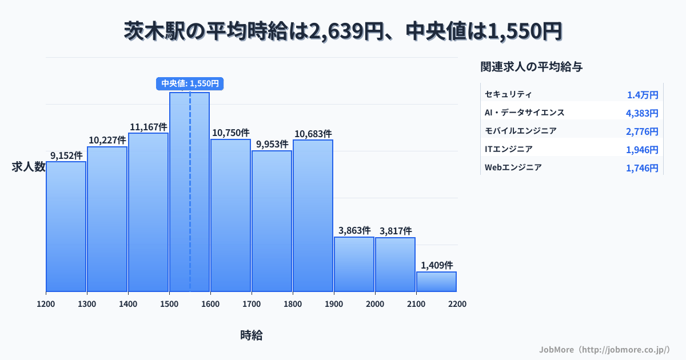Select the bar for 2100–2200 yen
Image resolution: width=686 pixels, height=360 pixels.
click(436, 282)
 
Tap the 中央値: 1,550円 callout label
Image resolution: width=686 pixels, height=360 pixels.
click(190, 83)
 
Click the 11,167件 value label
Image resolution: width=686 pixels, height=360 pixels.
click(148, 127)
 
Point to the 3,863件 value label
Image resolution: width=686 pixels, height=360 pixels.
click(354, 231)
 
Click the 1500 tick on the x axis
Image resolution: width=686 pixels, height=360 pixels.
click(169, 304)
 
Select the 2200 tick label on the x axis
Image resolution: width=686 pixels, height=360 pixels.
click(457, 304)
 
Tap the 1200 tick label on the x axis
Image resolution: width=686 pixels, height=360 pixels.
click(46, 304)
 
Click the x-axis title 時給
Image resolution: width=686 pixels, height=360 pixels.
click(252, 335)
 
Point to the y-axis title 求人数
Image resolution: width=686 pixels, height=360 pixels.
click(29, 167)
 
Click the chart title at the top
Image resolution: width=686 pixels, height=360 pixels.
click(343, 31)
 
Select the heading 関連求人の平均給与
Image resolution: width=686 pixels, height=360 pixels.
click(532, 67)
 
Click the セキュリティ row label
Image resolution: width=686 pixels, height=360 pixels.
click(508, 94)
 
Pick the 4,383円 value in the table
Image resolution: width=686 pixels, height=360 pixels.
click(642, 113)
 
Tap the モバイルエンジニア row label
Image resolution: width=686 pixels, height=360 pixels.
click(520, 131)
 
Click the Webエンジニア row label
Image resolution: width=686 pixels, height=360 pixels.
click(513, 168)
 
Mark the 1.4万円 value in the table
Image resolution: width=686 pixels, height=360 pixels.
click(643, 95)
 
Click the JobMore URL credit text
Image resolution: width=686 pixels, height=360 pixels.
click(604, 349)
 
